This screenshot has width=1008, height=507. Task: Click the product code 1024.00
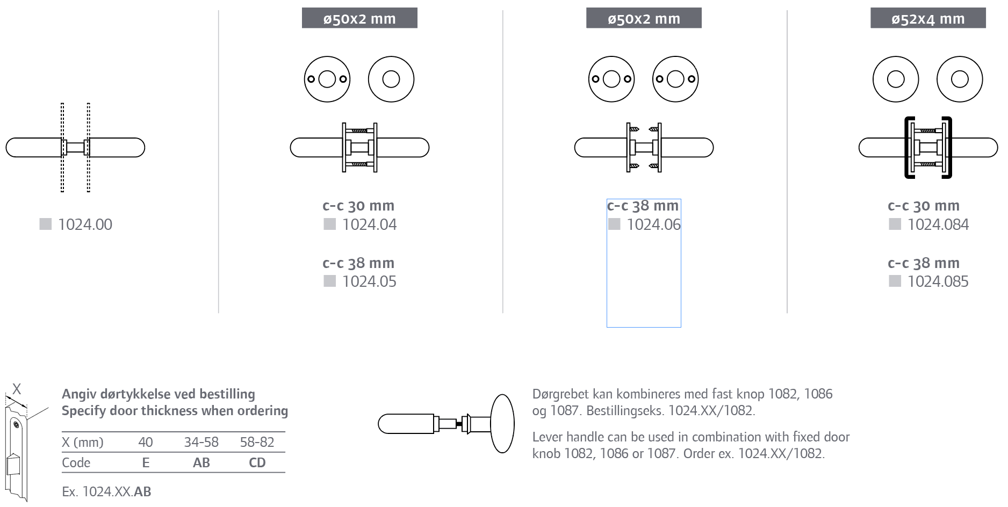(85, 224)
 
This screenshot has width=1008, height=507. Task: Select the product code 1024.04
(369, 224)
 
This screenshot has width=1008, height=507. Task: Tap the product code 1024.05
(369, 281)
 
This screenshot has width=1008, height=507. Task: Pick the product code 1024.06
(653, 224)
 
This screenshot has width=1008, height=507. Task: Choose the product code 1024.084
(938, 224)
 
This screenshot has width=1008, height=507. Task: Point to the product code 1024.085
(938, 281)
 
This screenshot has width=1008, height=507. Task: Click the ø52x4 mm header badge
(928, 18)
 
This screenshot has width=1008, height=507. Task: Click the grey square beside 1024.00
(46, 224)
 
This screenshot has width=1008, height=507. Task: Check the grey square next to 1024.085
(895, 281)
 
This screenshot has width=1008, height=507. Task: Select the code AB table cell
(201, 462)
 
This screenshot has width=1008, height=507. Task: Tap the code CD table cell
(257, 462)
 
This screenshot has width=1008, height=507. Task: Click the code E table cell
(146, 462)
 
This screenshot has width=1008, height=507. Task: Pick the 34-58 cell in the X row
(201, 442)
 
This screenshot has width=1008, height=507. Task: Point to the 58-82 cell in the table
(257, 442)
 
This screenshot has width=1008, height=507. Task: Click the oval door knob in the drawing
(502, 424)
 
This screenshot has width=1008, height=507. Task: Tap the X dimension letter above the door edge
(17, 389)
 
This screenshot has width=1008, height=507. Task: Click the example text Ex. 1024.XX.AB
(106, 491)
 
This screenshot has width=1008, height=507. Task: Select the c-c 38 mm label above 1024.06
(643, 206)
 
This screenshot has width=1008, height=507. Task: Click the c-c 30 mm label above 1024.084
(924, 206)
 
